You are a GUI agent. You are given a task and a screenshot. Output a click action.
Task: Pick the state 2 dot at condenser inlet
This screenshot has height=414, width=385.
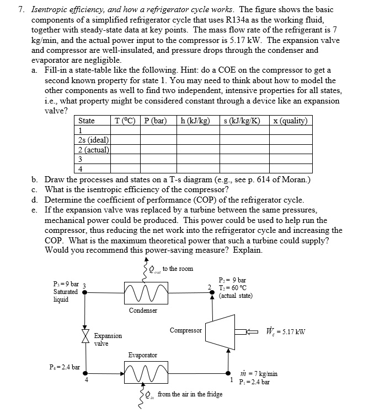pyautogui.click(x=212, y=292)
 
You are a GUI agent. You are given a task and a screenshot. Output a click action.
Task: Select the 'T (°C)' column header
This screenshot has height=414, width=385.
pyautogui.click(x=126, y=121)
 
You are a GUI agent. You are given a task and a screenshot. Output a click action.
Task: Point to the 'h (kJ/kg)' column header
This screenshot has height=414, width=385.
pyautogui.click(x=196, y=121)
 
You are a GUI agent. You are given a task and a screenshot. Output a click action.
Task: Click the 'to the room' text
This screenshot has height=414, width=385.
pyautogui.click(x=178, y=268)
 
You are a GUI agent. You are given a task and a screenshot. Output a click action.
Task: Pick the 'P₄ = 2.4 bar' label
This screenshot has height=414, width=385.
pyautogui.click(x=65, y=367)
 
